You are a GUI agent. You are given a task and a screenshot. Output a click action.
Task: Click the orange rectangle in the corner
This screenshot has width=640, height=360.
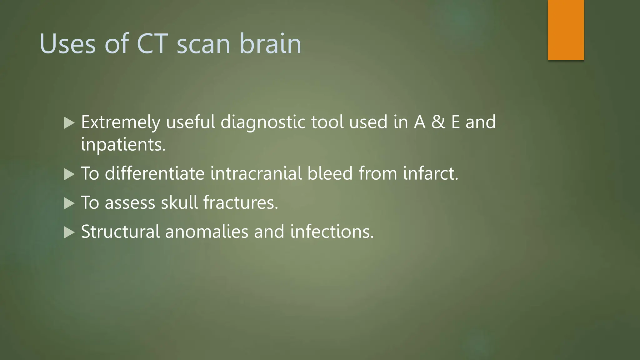(x=566, y=30)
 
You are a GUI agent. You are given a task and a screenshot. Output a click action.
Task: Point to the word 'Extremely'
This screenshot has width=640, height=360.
(x=121, y=122)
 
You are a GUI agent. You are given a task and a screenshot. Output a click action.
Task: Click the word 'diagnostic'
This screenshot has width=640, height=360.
(x=263, y=122)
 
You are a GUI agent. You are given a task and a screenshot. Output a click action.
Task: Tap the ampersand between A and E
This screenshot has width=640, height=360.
(x=438, y=122)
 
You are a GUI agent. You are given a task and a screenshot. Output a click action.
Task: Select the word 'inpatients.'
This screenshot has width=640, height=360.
(x=123, y=145)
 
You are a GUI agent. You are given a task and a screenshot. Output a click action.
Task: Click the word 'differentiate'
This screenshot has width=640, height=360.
(x=155, y=173)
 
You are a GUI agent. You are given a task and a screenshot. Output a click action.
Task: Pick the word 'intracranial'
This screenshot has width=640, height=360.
(x=256, y=173)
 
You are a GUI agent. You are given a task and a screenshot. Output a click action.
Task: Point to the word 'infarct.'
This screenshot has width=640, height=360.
(x=431, y=173)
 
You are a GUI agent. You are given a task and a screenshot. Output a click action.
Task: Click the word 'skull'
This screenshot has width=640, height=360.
(x=179, y=202)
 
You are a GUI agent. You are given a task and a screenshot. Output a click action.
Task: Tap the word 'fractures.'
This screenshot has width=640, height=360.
(x=241, y=202)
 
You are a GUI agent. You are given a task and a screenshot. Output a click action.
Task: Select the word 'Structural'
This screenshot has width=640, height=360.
(x=120, y=232)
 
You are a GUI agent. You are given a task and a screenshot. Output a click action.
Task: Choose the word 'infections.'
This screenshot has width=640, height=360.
(x=332, y=232)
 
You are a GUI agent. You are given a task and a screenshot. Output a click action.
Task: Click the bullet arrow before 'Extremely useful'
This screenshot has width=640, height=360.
(x=69, y=123)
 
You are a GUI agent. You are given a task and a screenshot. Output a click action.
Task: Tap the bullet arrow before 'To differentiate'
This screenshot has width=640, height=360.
(x=69, y=174)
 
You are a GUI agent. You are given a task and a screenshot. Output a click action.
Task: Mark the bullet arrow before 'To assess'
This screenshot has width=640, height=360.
(x=69, y=203)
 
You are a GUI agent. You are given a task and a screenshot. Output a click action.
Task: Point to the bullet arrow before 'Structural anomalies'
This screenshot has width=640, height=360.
(x=69, y=232)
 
